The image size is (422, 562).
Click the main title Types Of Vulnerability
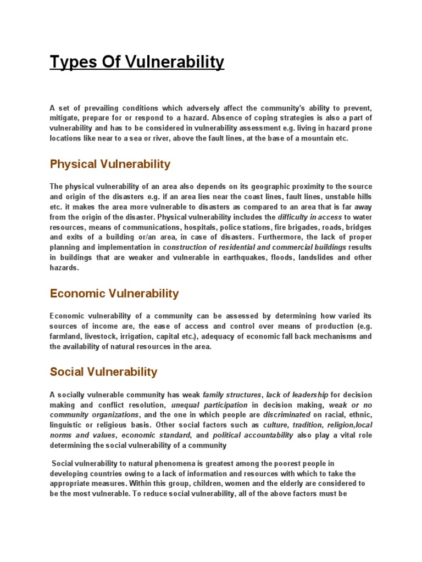[x=137, y=63]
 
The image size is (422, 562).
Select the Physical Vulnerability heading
[x=110, y=164]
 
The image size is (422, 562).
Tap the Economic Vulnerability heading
[x=114, y=294]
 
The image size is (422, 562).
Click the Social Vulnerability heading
[x=103, y=372]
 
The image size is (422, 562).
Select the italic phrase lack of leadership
[x=297, y=395]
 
